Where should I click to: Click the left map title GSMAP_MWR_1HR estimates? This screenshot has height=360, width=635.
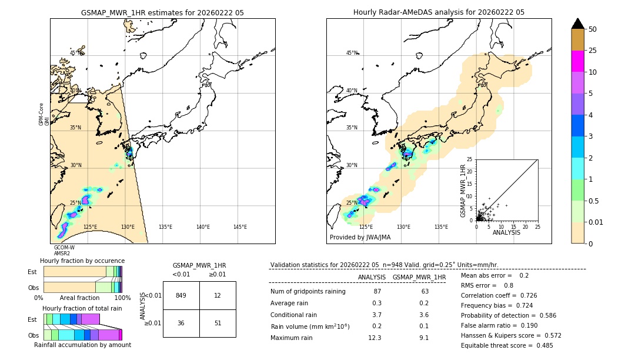[162, 12]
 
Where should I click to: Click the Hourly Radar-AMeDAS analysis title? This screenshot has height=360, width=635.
[439, 12]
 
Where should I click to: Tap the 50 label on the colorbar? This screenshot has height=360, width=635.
[593, 29]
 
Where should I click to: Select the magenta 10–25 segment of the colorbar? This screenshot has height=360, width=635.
[578, 61]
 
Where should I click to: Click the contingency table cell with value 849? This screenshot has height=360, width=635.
[181, 295]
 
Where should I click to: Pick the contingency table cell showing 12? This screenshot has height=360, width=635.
[218, 295]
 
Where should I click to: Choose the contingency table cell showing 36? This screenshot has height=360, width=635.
[181, 323]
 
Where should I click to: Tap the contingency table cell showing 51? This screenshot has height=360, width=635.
[218, 323]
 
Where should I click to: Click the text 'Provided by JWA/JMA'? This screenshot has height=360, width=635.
[360, 238]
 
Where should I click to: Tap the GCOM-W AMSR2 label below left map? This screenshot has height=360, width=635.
[64, 251]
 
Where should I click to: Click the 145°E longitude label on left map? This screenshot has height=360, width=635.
[240, 227]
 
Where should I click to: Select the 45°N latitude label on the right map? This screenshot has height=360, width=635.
[352, 54]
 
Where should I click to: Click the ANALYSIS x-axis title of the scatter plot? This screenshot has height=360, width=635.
[506, 232]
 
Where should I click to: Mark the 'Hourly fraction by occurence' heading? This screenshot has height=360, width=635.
[82, 261]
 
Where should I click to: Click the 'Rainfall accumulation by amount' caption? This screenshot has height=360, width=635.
[82, 345]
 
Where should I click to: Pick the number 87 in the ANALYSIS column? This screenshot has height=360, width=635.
[377, 292]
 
